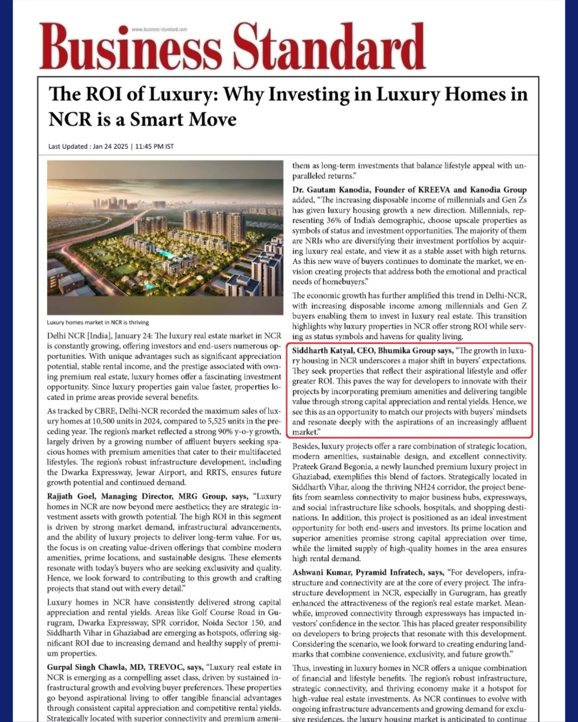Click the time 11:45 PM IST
tap(155, 147)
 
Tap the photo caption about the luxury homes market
tap(98, 322)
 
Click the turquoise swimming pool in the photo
tap(166, 253)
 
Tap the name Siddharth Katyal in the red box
tap(322, 350)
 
